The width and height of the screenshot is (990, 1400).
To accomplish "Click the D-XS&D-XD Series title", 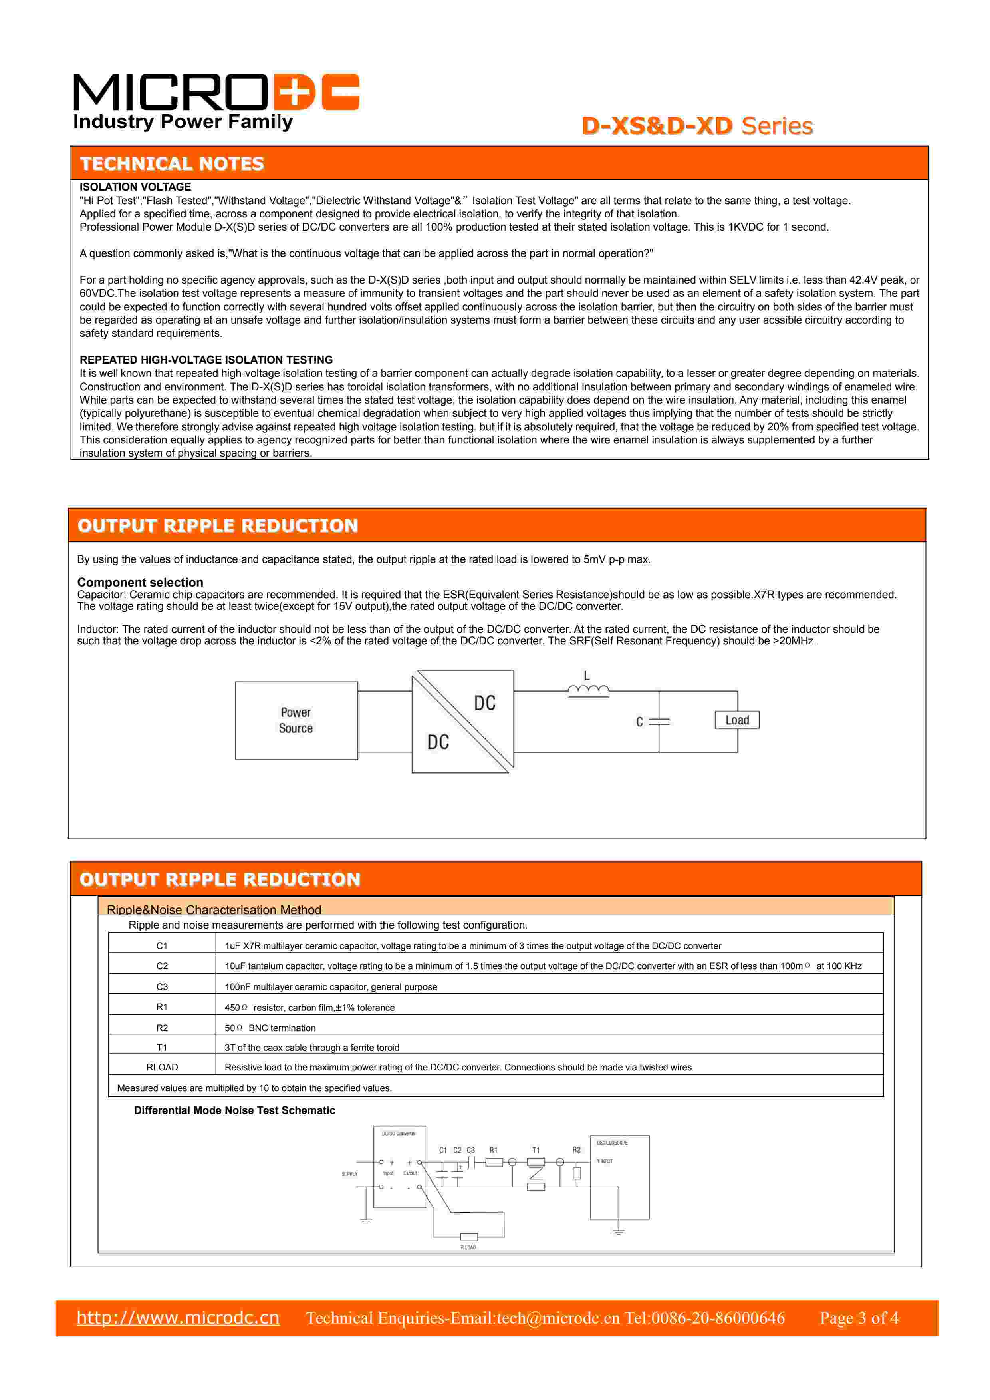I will (697, 126).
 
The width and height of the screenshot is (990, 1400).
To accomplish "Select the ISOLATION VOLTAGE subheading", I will (135, 187).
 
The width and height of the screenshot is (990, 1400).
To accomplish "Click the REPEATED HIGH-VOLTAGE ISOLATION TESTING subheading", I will (206, 360).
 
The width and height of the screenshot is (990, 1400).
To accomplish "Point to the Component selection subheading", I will (140, 582).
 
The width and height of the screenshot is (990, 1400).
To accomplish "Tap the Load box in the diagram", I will (737, 720).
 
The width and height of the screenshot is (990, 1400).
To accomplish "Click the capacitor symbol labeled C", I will (659, 721).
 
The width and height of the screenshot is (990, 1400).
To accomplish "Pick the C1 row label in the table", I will (162, 946).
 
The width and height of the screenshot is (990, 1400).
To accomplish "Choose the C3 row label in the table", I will (162, 986).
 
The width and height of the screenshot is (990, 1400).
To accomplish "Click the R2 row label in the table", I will (162, 1028).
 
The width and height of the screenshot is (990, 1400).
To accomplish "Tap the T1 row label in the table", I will (162, 1048).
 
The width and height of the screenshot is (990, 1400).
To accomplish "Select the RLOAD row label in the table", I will (162, 1067).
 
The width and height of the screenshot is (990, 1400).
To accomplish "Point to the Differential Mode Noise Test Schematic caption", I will (235, 1110).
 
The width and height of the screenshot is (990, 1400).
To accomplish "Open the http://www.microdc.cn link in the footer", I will (178, 1318).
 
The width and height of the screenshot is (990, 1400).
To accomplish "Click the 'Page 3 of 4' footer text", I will (859, 1318).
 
